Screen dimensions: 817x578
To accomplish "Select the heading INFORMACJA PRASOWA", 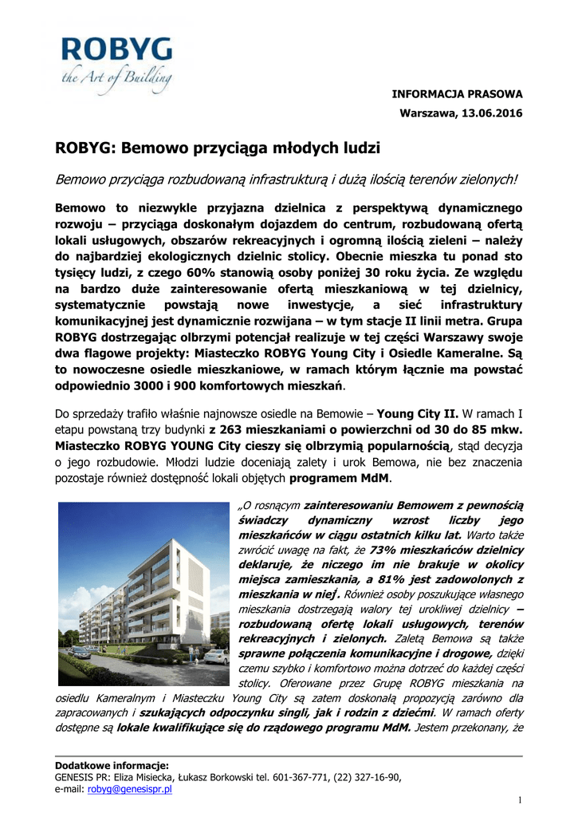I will pos(457,94).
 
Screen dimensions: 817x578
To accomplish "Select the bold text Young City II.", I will pos(417,414).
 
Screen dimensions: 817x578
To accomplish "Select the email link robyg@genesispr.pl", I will pos(130,788).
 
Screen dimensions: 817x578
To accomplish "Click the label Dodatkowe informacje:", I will pos(111,765).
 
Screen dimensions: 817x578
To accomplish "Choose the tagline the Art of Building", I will pos(117,77).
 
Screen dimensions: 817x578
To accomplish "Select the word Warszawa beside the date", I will pos(427,112).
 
